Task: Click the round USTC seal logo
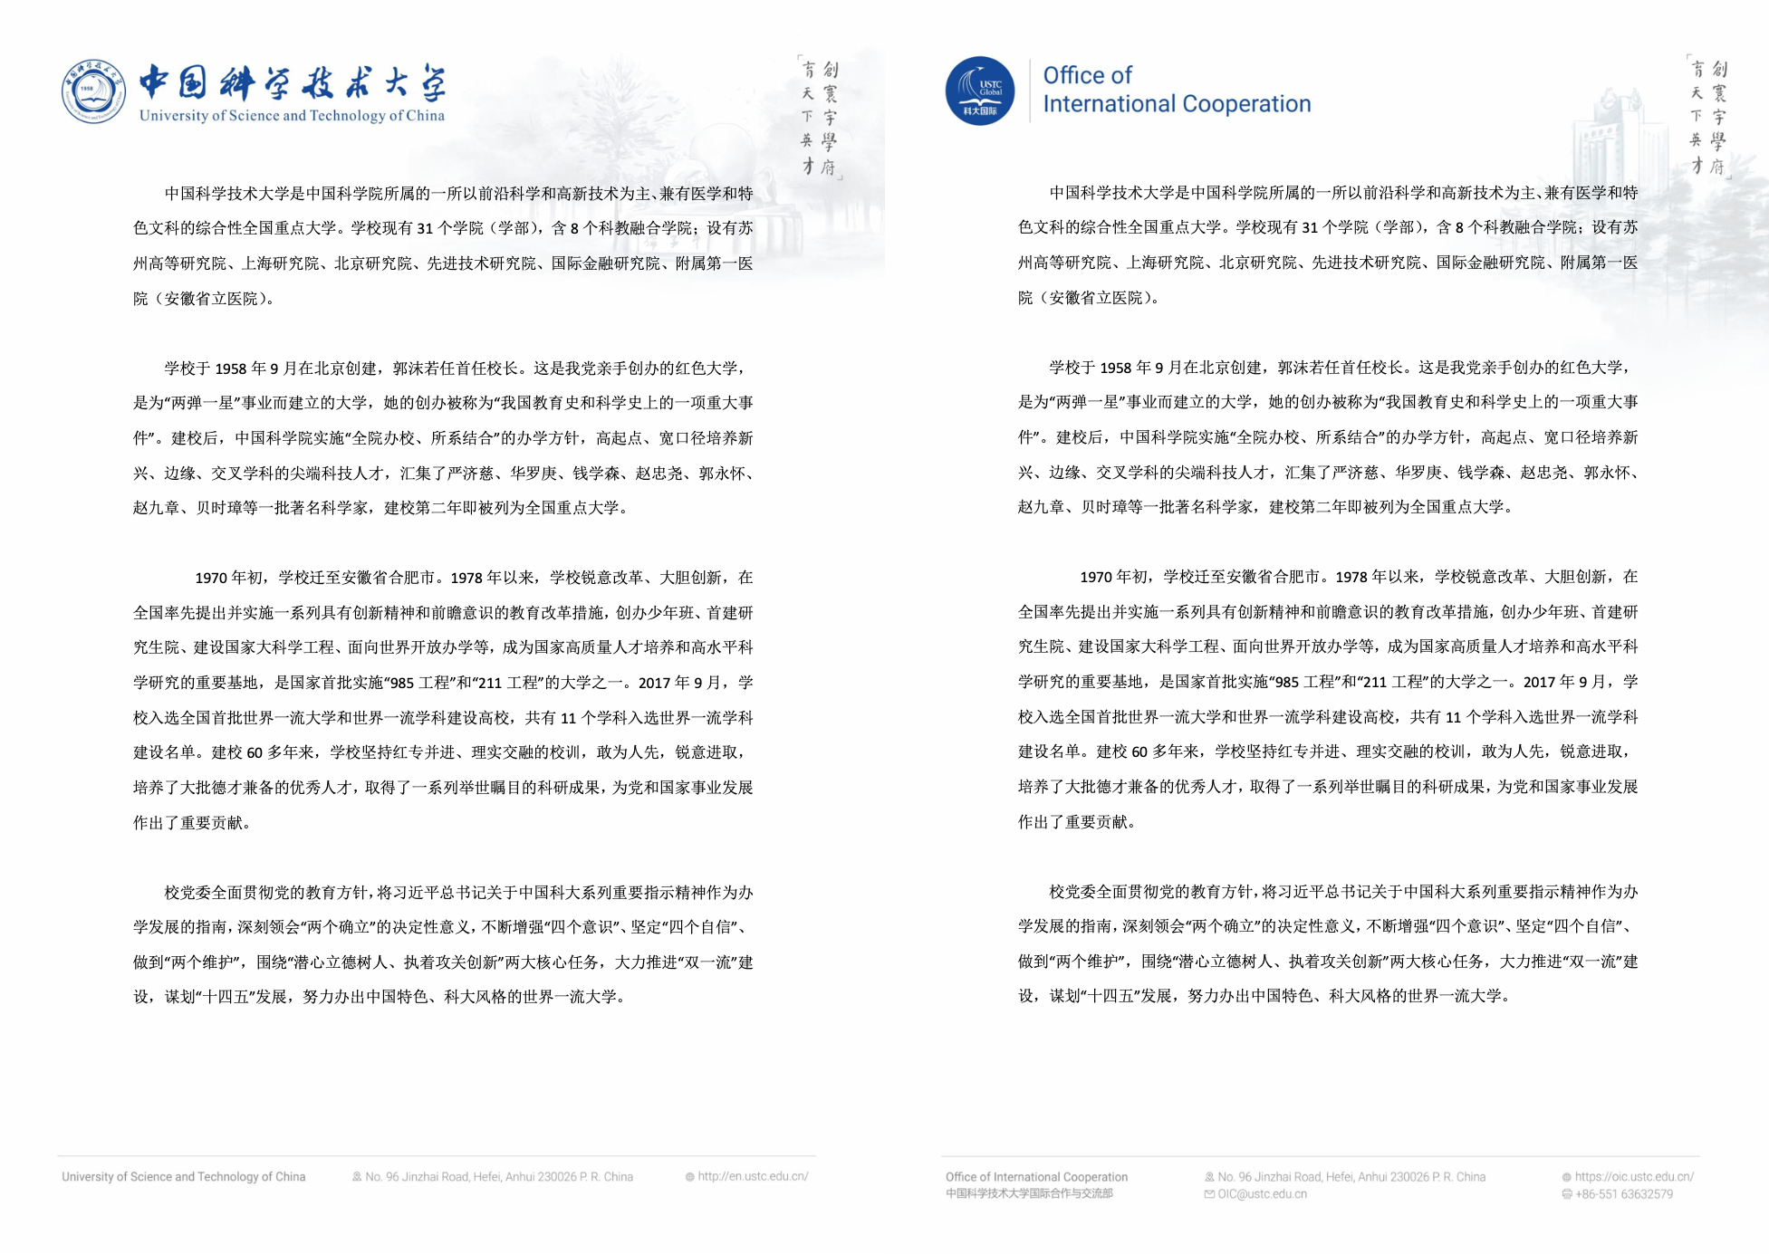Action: click(x=93, y=92)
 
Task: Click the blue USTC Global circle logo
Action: click(x=979, y=91)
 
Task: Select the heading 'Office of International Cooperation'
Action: click(x=1176, y=90)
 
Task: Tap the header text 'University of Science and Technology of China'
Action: click(x=292, y=116)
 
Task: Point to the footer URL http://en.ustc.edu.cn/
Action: click(x=752, y=1177)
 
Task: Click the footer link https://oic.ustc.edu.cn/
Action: click(x=1633, y=1177)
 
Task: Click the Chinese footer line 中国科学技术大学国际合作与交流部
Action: click(x=1029, y=1194)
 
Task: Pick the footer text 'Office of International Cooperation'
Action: click(x=1036, y=1177)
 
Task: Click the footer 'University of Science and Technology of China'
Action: click(x=183, y=1177)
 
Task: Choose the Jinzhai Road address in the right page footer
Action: click(x=1351, y=1177)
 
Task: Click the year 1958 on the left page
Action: click(x=230, y=369)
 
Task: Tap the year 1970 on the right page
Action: click(x=1096, y=578)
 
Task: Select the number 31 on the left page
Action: click(x=425, y=229)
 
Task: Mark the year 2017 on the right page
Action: click(x=1540, y=682)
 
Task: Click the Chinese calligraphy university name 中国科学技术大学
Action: click(x=292, y=83)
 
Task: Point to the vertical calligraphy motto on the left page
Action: click(x=819, y=118)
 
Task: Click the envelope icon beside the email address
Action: click(x=1209, y=1194)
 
